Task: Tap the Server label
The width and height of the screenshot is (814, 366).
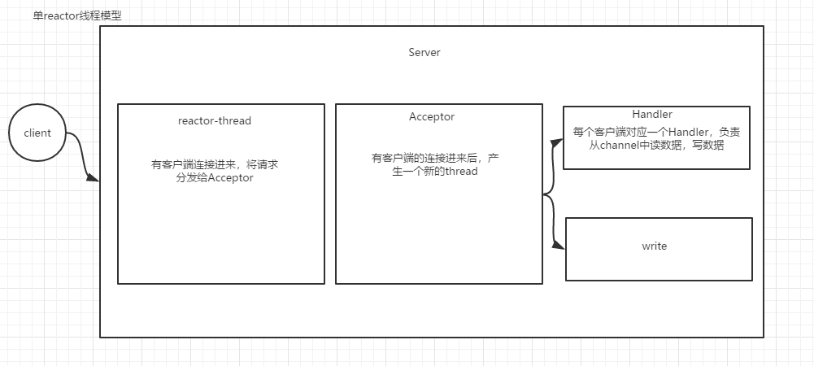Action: coord(424,52)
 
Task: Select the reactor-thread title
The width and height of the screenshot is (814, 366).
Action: coord(215,120)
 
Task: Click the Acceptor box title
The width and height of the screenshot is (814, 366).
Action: coord(432,116)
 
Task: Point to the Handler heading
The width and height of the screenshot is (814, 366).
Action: coord(652,115)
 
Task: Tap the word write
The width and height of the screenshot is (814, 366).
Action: coord(655,246)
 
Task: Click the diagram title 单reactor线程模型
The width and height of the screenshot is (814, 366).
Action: coord(77,15)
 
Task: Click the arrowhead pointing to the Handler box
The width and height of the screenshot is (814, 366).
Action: coord(557,142)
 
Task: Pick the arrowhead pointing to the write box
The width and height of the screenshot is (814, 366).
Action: coord(559,247)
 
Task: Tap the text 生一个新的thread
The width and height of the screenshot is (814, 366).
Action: coord(429,171)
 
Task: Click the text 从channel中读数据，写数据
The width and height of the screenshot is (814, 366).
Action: coord(656,146)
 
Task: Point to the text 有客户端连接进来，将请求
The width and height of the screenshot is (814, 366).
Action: coord(215,164)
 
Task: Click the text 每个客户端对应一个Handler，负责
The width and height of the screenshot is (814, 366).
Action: coord(656,132)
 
